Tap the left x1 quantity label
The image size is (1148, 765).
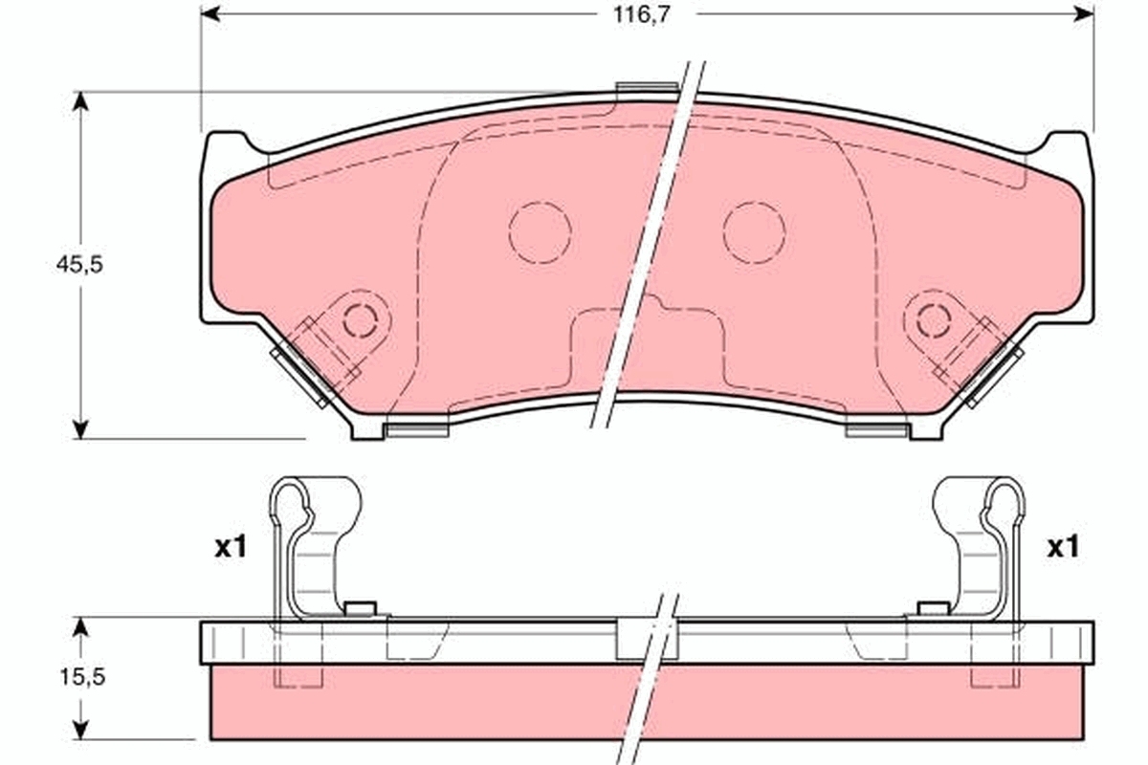(x=230, y=548)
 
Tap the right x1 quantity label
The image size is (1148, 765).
(x=1063, y=548)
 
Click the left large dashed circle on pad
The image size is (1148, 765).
(x=540, y=232)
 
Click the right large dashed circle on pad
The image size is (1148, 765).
(x=754, y=232)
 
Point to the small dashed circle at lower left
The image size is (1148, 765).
(x=360, y=318)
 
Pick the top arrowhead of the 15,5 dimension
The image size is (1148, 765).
(x=81, y=627)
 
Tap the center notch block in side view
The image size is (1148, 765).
(x=648, y=640)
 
